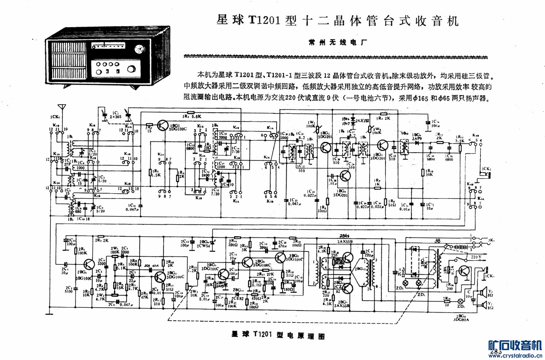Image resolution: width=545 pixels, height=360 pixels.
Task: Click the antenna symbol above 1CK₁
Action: coord(62,109)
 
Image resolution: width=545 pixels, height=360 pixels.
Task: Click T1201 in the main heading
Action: coord(264,20)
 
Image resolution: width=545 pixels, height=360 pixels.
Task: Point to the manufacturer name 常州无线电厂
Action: coord(337,42)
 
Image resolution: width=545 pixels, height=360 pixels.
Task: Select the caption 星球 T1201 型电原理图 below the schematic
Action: coord(278,335)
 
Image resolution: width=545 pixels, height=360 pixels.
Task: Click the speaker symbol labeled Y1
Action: coord(482,293)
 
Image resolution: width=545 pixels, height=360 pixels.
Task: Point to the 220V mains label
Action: coord(476,257)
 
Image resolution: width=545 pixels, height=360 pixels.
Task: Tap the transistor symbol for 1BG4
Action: coord(345,176)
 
